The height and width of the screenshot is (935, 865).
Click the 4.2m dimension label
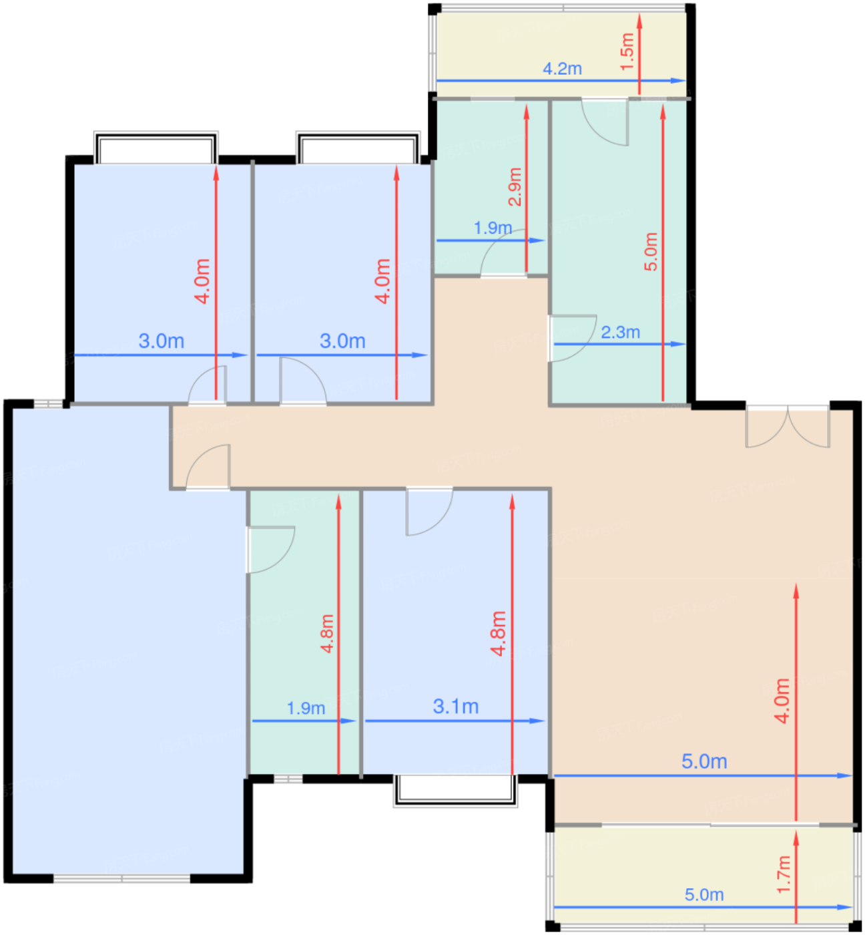[563, 69]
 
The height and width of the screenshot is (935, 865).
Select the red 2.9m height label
[515, 187]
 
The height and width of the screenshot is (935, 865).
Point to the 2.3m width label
[620, 333]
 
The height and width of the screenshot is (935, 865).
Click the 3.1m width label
[456, 707]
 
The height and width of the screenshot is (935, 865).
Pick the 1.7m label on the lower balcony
[784, 875]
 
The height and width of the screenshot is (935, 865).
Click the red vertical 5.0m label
[651, 251]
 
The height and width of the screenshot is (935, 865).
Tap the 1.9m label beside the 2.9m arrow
[493, 228]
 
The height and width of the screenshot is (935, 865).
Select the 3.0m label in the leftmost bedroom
[161, 341]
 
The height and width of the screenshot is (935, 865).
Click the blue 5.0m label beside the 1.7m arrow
[704, 894]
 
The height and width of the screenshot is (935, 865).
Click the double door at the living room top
[788, 426]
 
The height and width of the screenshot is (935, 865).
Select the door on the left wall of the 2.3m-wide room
[572, 338]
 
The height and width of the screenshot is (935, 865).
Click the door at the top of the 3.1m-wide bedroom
[430, 512]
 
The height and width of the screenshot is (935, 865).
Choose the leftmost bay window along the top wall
[156, 148]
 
